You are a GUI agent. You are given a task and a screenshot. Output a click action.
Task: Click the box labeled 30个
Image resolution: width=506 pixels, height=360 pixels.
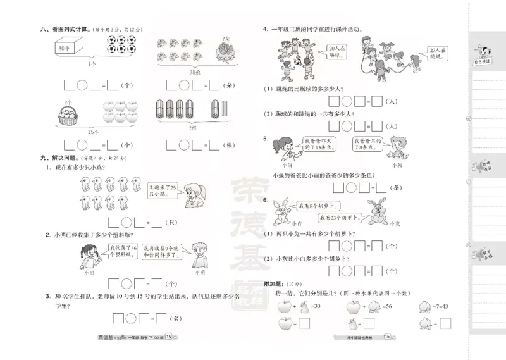pyautogui.click(x=64, y=48)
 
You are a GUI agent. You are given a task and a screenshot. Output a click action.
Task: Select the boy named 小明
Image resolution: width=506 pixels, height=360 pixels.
pyautogui.click(x=199, y=256)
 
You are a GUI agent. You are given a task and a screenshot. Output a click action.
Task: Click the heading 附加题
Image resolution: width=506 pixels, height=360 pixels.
pyautogui.click(x=273, y=284)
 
